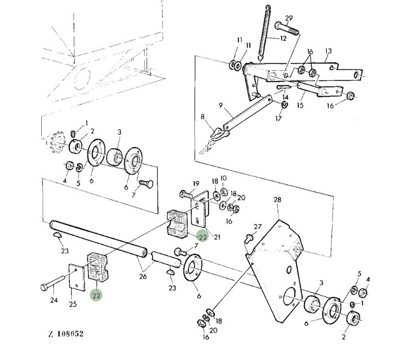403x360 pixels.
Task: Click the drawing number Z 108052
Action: (x=66, y=334)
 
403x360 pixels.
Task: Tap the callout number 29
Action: (x=289, y=18)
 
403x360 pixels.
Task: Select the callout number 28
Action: (x=277, y=199)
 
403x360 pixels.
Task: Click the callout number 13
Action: (x=328, y=51)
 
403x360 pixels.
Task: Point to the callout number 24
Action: (x=54, y=300)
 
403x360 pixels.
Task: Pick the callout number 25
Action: (x=73, y=304)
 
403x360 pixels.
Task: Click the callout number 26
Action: (x=143, y=277)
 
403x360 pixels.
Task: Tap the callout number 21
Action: (x=217, y=237)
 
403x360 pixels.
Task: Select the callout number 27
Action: (x=258, y=226)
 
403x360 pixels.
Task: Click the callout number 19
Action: (x=196, y=183)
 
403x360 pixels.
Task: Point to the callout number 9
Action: (x=220, y=105)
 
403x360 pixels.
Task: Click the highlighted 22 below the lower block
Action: (x=97, y=295)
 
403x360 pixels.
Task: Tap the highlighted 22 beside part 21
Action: (x=202, y=237)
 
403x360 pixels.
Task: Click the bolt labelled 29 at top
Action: (x=286, y=28)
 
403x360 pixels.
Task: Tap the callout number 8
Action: (x=203, y=117)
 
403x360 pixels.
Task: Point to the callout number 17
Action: (x=279, y=118)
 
